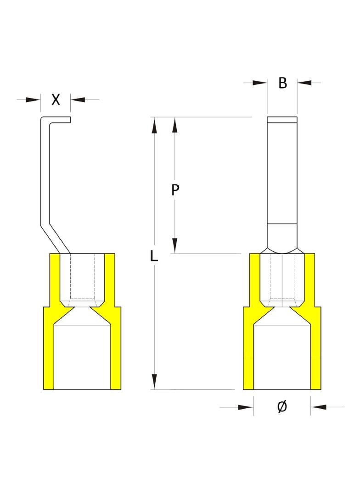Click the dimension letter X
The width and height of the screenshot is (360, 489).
[56, 100]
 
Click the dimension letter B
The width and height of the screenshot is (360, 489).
[282, 83]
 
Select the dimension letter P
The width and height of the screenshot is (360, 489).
[175, 189]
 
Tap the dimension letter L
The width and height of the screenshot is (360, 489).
[154, 256]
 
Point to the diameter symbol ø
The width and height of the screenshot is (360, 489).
[282, 407]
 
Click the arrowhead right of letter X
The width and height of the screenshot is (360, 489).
[78, 100]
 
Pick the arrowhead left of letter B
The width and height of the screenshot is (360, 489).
[260, 83]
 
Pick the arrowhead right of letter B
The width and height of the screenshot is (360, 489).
[304, 83]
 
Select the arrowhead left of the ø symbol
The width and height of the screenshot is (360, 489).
[246, 407]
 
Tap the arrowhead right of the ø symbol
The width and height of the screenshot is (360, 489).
[319, 407]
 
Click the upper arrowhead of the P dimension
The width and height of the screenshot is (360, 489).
[175, 125]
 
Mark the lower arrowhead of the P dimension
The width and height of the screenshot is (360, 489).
[175, 246]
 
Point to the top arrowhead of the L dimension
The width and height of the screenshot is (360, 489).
[154, 125]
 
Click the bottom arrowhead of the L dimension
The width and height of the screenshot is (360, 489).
[154, 382]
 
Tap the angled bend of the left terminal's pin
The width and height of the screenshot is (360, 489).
[55, 239]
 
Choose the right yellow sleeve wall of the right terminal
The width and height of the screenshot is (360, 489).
[315, 321]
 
